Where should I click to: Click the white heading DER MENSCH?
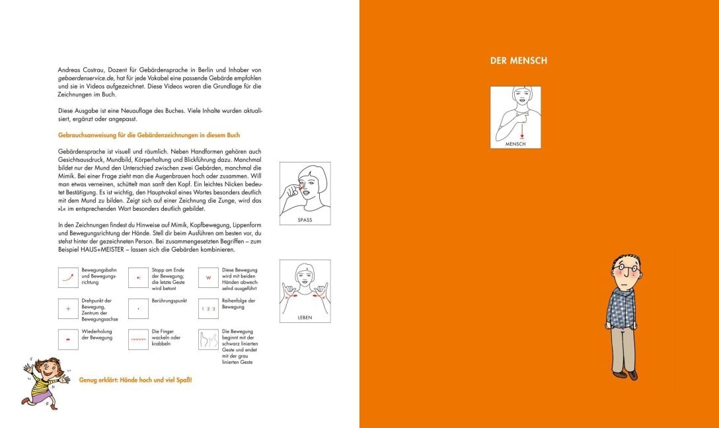click(518, 61)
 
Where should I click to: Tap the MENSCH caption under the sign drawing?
click(515, 143)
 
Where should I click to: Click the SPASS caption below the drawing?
click(305, 220)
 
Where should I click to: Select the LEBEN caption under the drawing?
click(305, 318)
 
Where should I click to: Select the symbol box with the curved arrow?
click(68, 277)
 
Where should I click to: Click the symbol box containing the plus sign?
click(68, 308)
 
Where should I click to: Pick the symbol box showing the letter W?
click(208, 277)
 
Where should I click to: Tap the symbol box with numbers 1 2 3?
click(208, 308)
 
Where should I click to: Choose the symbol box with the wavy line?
click(138, 339)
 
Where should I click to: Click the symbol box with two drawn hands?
click(208, 339)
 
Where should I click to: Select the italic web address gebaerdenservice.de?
click(89, 78)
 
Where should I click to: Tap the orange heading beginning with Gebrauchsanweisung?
click(149, 135)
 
